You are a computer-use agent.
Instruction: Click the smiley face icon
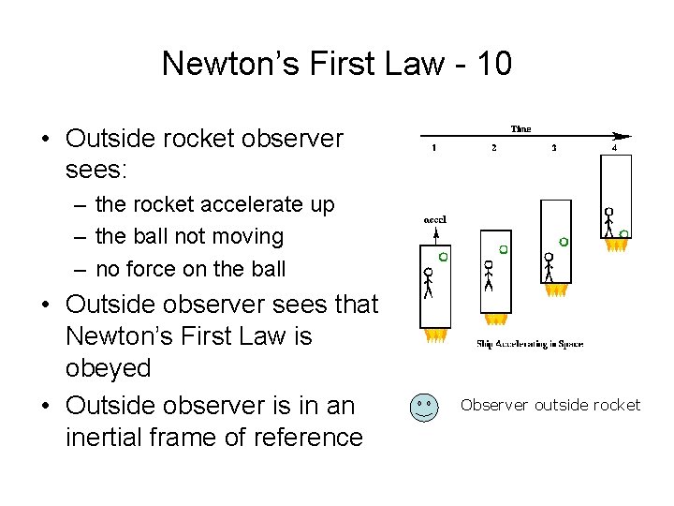424,407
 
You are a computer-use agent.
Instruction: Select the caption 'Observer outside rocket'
550,405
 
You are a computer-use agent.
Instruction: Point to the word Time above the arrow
520,128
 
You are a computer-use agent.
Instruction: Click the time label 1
433,147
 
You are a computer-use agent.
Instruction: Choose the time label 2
493,147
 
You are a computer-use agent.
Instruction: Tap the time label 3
554,147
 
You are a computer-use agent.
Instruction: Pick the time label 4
614,147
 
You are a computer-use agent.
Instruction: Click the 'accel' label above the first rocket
434,219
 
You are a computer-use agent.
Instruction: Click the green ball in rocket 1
443,255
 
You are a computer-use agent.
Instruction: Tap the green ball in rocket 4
624,232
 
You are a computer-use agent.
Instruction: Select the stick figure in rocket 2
487,276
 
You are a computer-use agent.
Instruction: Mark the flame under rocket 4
616,246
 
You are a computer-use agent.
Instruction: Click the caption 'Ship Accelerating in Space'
529,344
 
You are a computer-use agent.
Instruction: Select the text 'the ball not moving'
189,236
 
